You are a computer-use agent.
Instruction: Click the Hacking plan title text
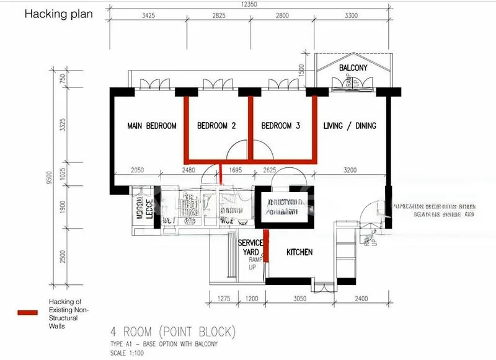coord(58,14)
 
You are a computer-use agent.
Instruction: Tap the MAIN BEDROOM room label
coord(152,126)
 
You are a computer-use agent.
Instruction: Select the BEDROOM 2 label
coord(216,126)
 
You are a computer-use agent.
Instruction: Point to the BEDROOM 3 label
coord(280,126)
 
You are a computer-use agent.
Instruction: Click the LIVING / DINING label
coord(350,126)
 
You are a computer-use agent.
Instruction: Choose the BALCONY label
coord(353,68)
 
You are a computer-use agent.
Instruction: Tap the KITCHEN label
coord(299,253)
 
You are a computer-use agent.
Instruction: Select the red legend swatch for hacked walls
coord(31,313)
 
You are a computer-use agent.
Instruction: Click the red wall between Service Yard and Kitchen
coord(266,248)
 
